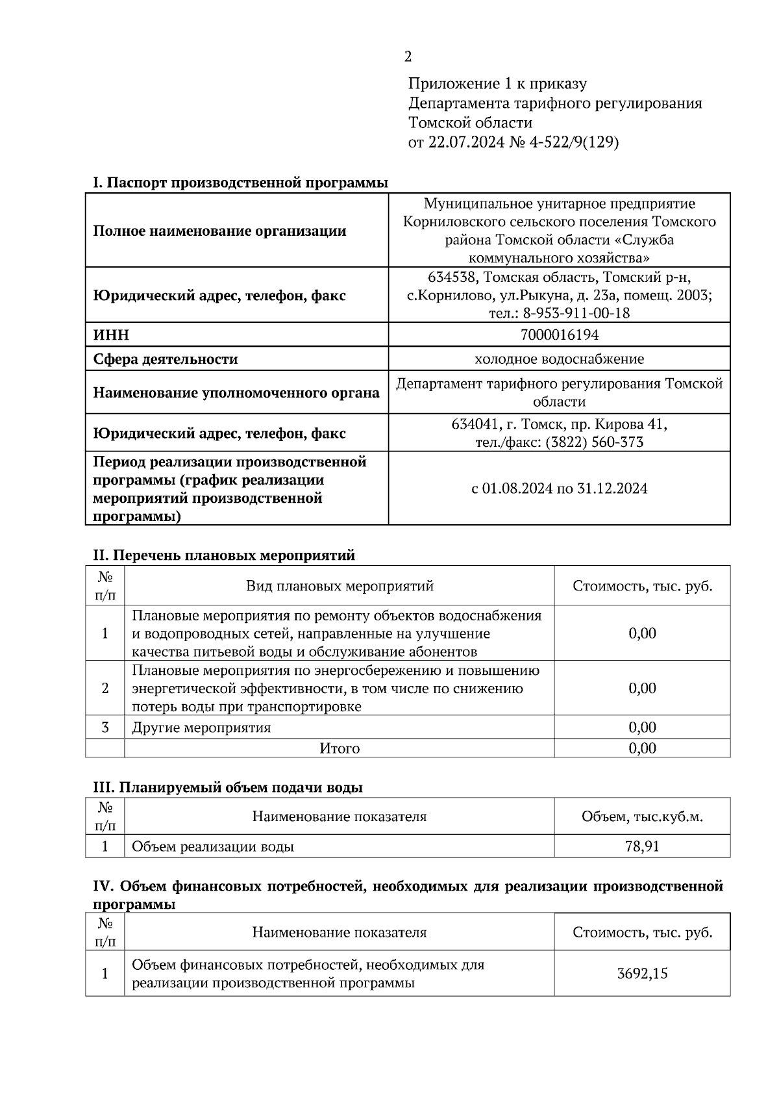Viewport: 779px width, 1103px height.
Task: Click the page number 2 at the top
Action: click(x=408, y=57)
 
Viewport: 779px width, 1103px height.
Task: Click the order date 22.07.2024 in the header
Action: click(x=465, y=142)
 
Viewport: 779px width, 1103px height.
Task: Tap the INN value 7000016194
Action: click(x=559, y=335)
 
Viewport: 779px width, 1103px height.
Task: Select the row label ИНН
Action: click(x=111, y=335)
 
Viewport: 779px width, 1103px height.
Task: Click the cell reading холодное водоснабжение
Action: click(x=559, y=359)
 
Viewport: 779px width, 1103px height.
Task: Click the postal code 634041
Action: click(x=475, y=424)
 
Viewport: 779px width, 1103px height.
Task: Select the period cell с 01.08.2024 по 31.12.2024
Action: click(x=559, y=488)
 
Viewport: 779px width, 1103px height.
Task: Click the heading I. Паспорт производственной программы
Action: click(x=240, y=183)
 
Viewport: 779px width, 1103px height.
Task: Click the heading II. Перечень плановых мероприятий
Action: click(x=224, y=555)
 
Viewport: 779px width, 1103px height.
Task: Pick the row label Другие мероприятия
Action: click(x=201, y=728)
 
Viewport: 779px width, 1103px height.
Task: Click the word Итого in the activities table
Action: click(x=339, y=748)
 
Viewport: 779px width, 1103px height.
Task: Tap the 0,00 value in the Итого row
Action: click(x=642, y=748)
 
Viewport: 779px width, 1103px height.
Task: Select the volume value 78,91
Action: click(x=642, y=847)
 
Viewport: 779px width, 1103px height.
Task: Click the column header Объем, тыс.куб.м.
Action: click(x=642, y=817)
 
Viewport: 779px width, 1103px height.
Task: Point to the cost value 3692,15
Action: click(x=642, y=974)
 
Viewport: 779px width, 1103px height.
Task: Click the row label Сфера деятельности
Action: click(x=166, y=359)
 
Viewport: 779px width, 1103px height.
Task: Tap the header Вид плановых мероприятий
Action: click(x=339, y=586)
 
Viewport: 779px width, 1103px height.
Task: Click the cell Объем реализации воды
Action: click(x=213, y=847)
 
